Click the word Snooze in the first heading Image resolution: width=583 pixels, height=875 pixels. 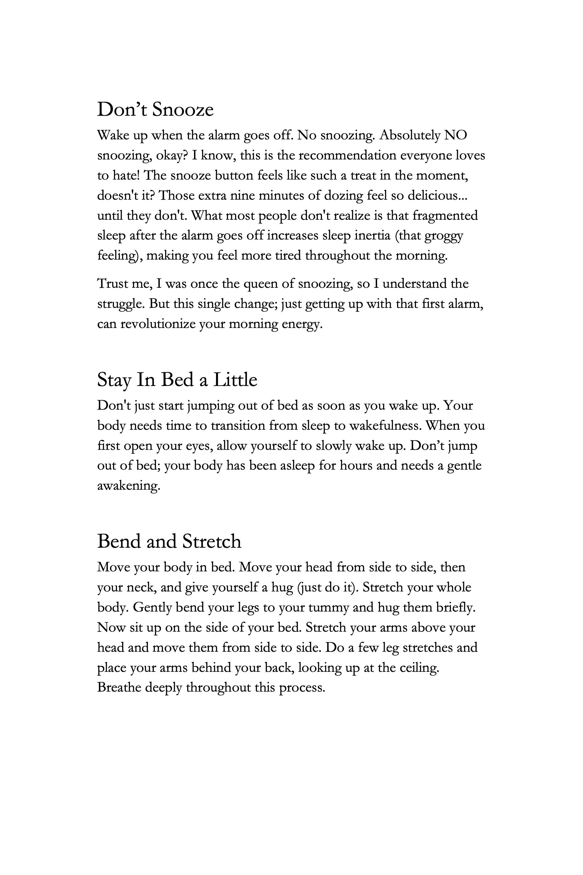tap(183, 110)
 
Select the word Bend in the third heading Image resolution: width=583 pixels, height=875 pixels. tap(119, 541)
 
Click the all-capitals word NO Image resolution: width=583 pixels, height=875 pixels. tap(455, 135)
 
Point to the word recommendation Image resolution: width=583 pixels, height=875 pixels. tap(347, 155)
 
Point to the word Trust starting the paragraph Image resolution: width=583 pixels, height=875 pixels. tap(112, 284)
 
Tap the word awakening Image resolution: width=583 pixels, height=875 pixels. tap(129, 485)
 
